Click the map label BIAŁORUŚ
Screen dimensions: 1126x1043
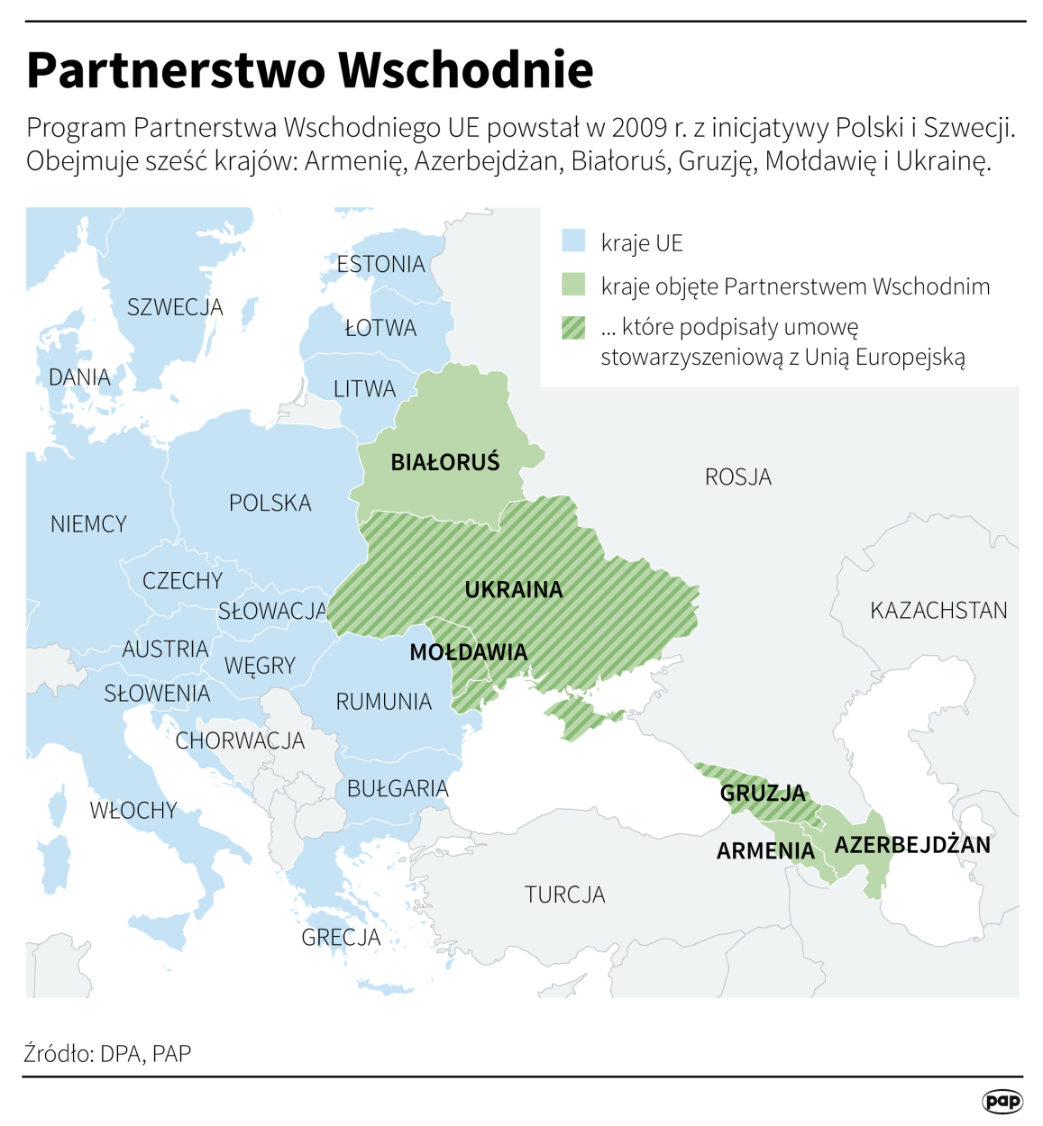pyautogui.click(x=444, y=462)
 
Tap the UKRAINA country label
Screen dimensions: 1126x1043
pyautogui.click(x=513, y=590)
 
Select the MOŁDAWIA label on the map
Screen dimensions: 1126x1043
pyautogui.click(x=468, y=652)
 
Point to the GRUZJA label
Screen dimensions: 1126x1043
pyautogui.click(x=763, y=793)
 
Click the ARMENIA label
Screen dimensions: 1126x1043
pyautogui.click(x=765, y=851)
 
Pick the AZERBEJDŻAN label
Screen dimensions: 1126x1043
pyautogui.click(x=912, y=845)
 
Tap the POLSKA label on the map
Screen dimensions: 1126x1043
pyautogui.click(x=270, y=503)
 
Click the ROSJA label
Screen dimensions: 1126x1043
pyautogui.click(x=738, y=477)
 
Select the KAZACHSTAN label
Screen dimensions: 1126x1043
pyautogui.click(x=938, y=611)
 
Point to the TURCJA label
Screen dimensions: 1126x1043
pyautogui.click(x=565, y=894)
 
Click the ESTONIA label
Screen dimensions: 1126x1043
pyautogui.click(x=380, y=264)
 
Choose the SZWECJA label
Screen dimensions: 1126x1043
pyautogui.click(x=175, y=307)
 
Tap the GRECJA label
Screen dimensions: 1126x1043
pyautogui.click(x=341, y=938)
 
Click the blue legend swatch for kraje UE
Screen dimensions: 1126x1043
pyautogui.click(x=573, y=241)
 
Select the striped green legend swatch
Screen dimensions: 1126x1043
pyautogui.click(x=573, y=327)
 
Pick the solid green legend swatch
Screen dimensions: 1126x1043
pyautogui.click(x=573, y=286)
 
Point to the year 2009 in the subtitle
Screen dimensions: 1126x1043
pyautogui.click(x=638, y=127)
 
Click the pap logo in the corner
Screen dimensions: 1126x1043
pyautogui.click(x=1002, y=1101)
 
